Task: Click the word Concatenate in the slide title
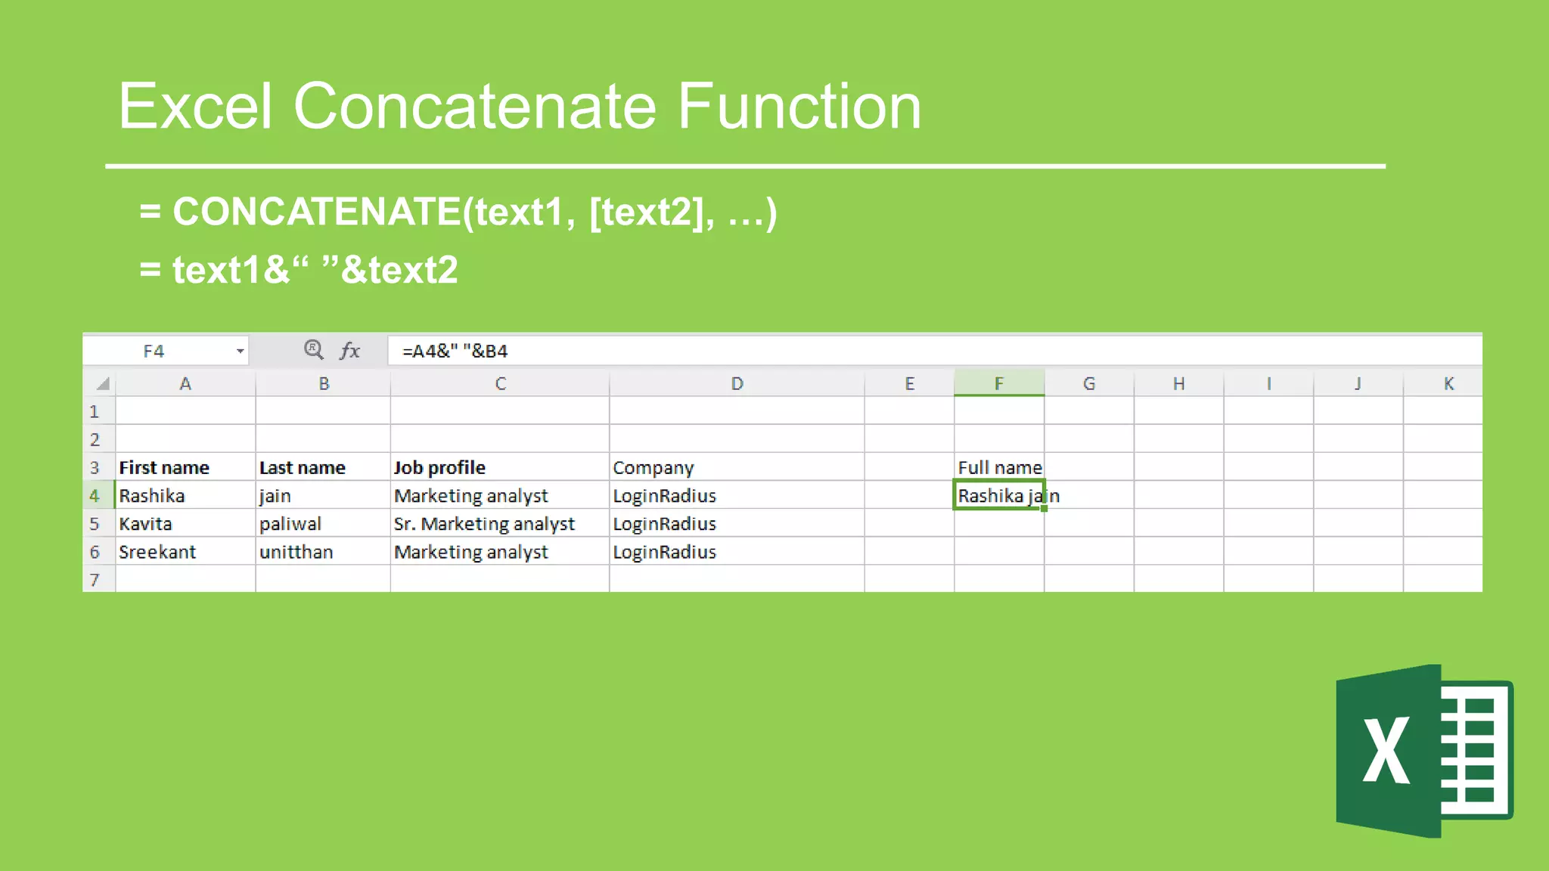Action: pos(475,107)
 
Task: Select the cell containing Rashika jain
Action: pos(998,495)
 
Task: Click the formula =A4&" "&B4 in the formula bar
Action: pos(455,351)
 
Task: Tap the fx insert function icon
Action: pos(349,351)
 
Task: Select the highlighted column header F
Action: pos(998,383)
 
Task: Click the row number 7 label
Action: pos(95,580)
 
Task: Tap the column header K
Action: pos(1448,383)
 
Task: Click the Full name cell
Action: pos(998,467)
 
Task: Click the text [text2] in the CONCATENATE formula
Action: pos(650,212)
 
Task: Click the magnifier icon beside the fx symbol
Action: pos(313,350)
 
